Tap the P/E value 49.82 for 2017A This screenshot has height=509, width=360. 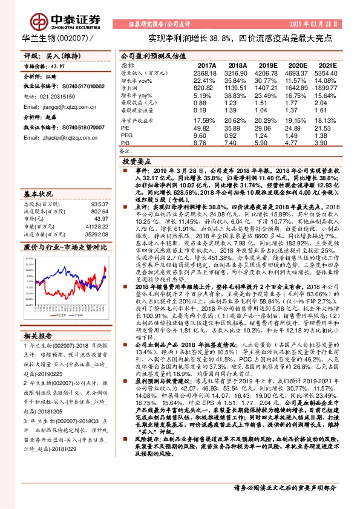tap(206, 128)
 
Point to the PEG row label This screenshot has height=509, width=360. tap(126, 135)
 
